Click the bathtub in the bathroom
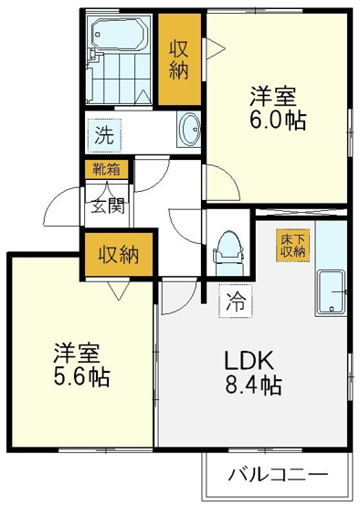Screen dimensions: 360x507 coord(120,33)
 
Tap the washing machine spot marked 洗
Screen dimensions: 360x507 coord(105,135)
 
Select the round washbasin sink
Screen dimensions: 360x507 coord(189,130)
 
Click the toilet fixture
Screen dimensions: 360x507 coord(228,253)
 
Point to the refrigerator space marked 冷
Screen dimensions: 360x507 coord(236,301)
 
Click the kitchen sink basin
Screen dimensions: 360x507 coord(331,292)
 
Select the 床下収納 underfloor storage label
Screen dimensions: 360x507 coord(292,245)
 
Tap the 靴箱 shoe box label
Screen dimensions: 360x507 coord(106,169)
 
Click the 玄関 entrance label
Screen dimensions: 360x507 coord(108,206)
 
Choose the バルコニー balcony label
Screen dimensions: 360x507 coord(278,474)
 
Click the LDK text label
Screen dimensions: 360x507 coord(249,362)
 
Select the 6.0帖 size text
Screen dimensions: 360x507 coord(278,121)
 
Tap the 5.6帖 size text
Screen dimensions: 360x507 coord(82,376)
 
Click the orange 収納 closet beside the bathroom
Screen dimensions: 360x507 coord(179,59)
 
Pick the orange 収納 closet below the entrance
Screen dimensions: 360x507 coord(119,255)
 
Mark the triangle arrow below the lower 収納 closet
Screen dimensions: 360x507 coord(119,290)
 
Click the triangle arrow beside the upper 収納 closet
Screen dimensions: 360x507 coord(214,48)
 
